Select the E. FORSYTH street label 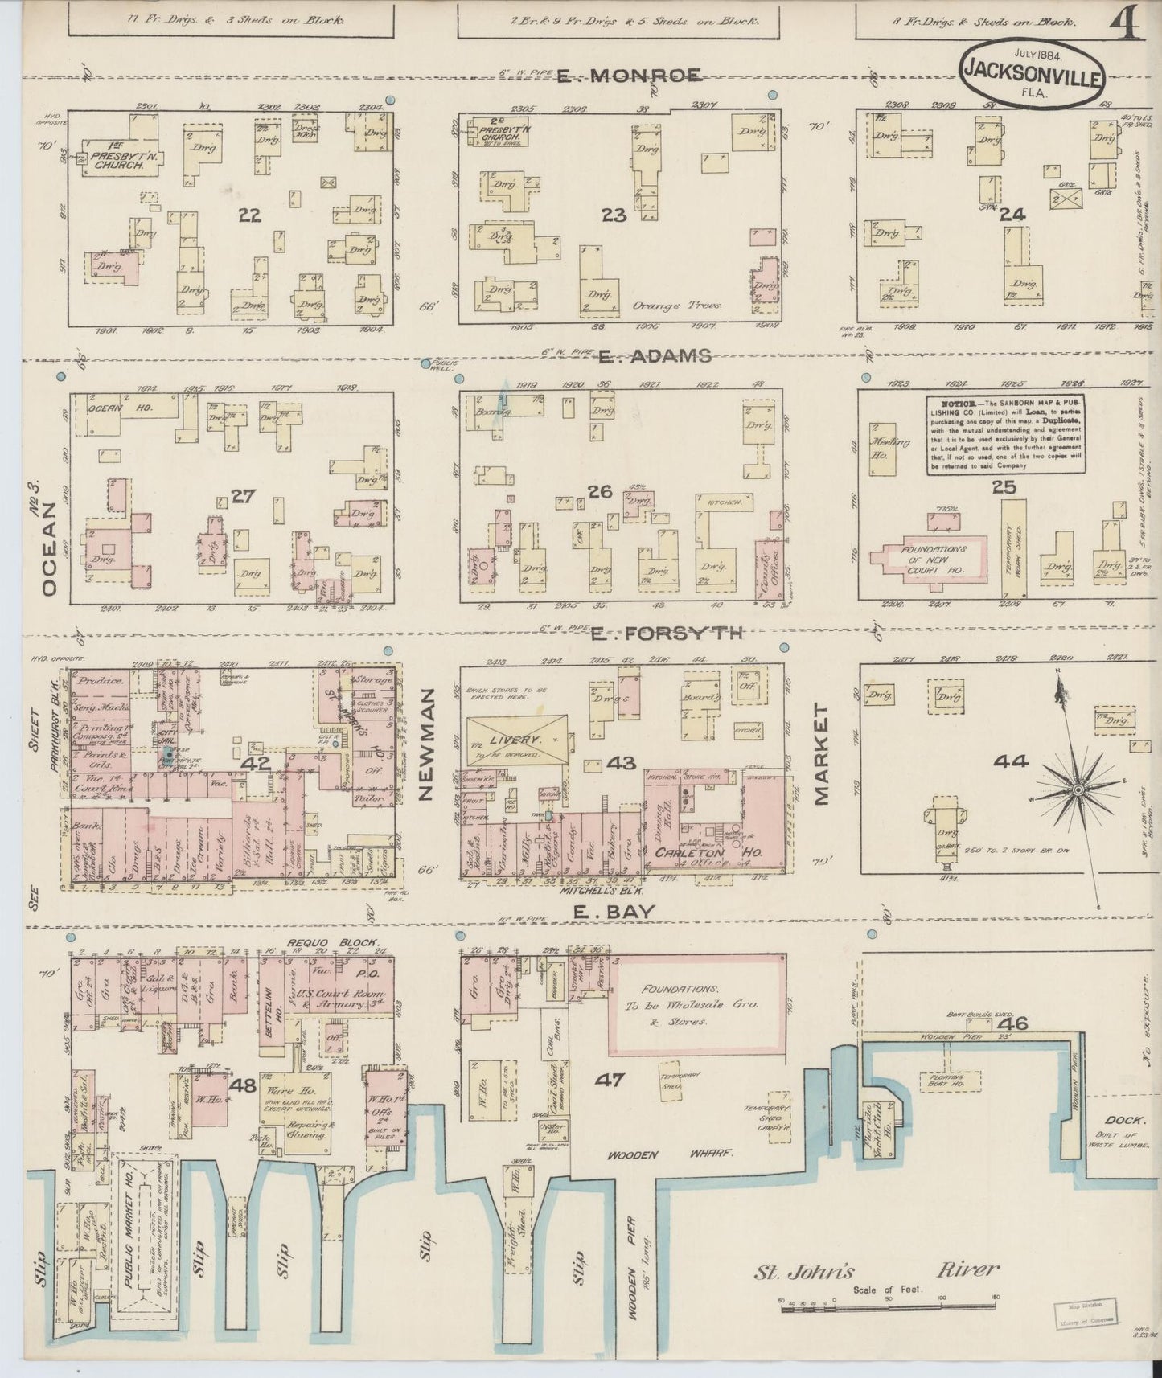[667, 634]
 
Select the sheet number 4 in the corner [1128, 27]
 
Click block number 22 [250, 215]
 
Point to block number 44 [1010, 761]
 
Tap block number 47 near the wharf [609, 1080]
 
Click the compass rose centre [1078, 790]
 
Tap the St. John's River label [877, 1271]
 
